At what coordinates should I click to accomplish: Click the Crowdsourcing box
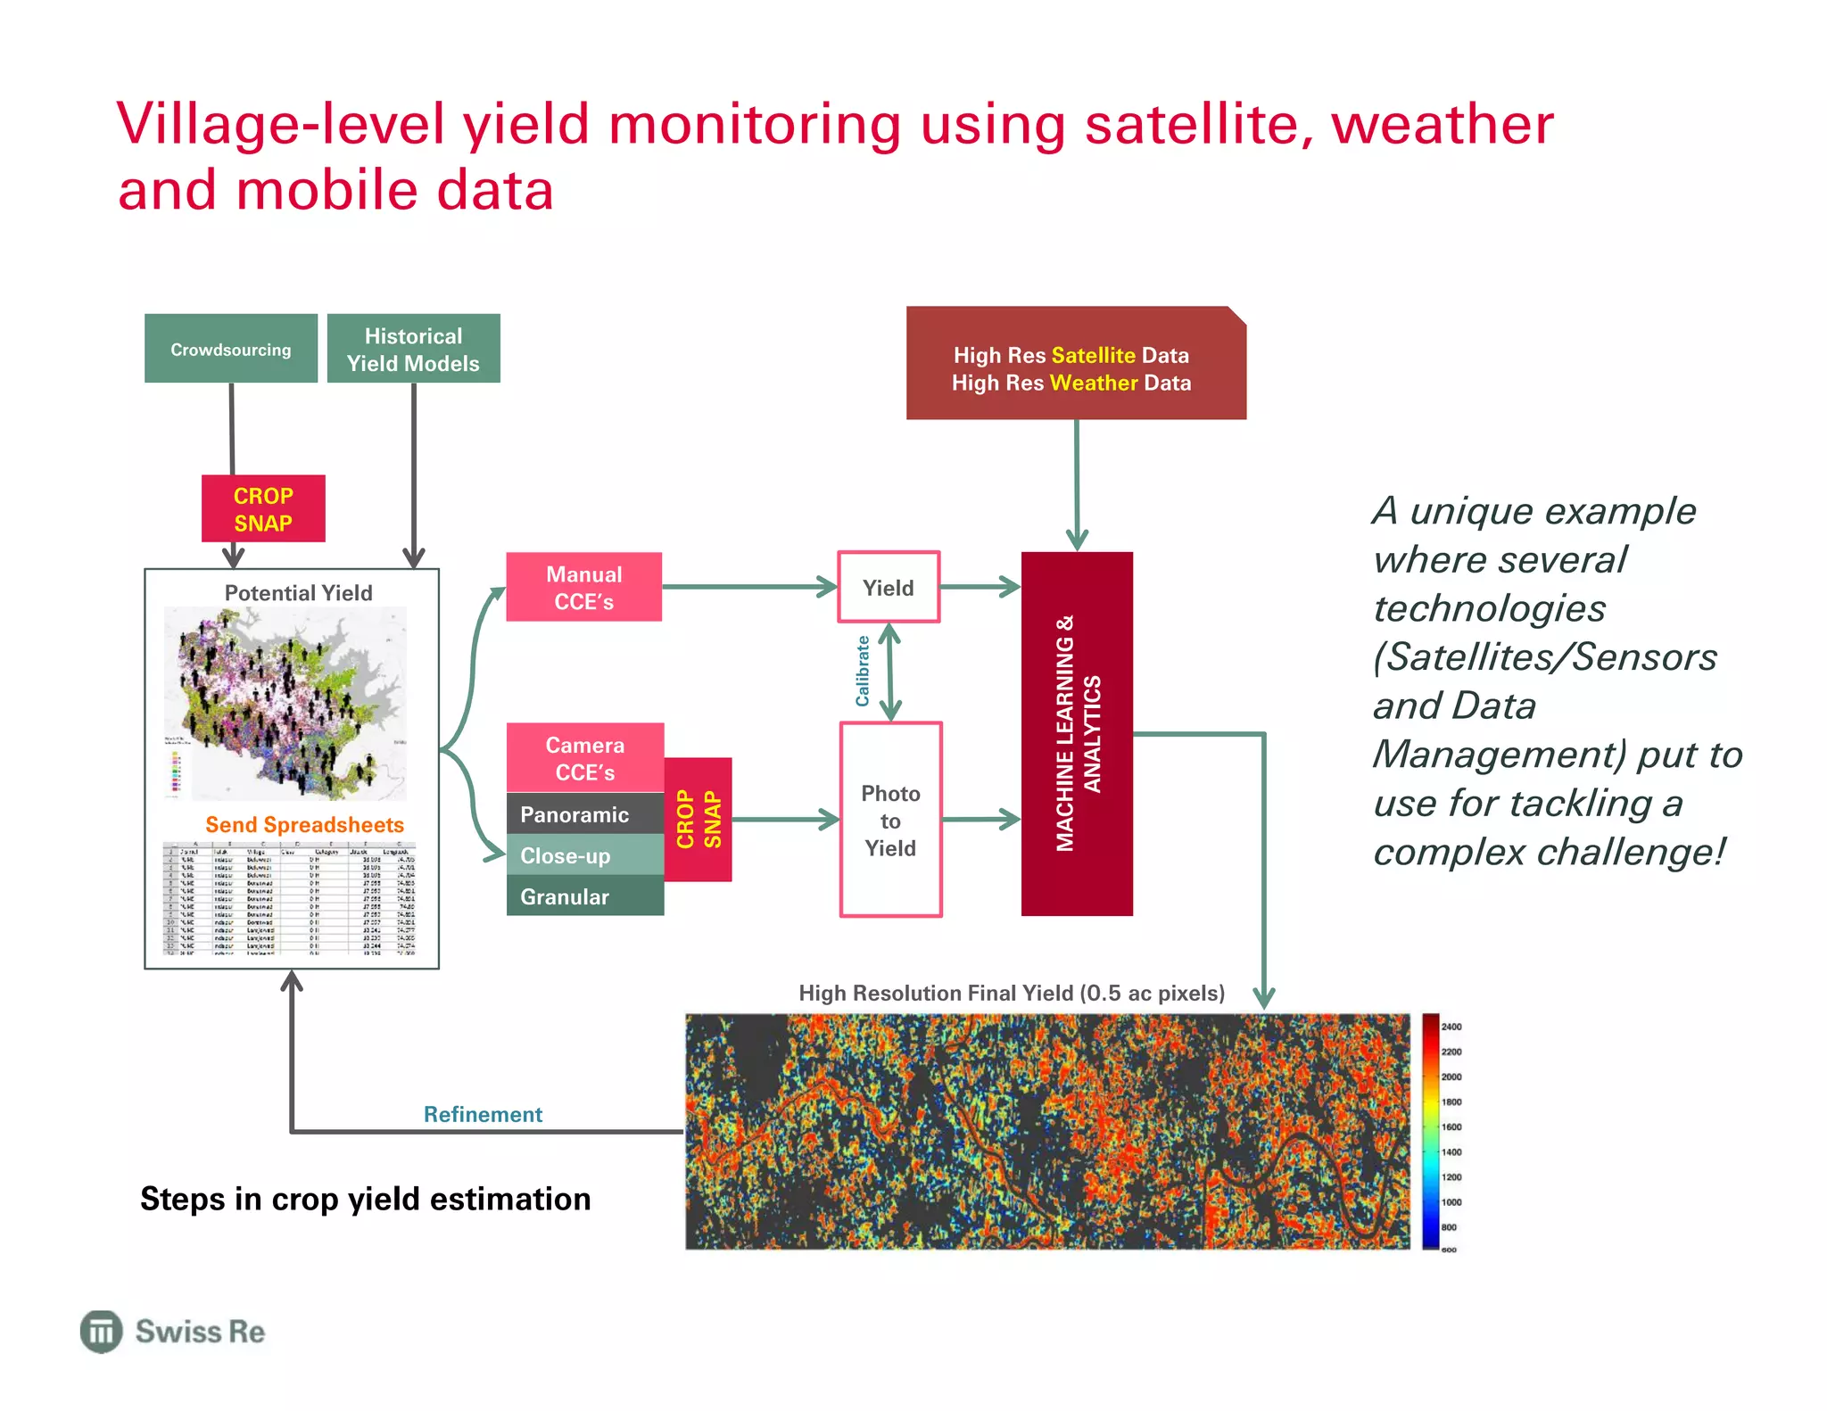(x=231, y=349)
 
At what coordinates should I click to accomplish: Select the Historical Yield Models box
(x=413, y=349)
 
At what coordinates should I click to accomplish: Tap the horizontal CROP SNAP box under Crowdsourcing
(x=263, y=509)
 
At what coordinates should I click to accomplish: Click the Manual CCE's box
(x=584, y=587)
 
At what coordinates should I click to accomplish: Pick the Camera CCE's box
(x=584, y=758)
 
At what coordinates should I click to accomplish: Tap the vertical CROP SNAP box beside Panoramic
(x=699, y=819)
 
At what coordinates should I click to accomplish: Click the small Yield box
(x=889, y=587)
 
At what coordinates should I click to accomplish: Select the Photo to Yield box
(x=890, y=820)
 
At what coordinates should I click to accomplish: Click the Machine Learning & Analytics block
(x=1077, y=733)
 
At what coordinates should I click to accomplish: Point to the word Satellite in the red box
(x=1093, y=355)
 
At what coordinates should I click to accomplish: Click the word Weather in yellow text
(x=1094, y=383)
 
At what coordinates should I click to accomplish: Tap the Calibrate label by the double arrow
(x=863, y=671)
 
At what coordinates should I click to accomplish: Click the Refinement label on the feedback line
(x=483, y=1114)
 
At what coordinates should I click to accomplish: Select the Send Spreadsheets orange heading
(x=304, y=824)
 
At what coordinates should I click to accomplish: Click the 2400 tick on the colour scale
(x=1451, y=1027)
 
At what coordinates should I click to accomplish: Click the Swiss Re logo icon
(x=101, y=1332)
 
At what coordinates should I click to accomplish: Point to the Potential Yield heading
(x=298, y=592)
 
